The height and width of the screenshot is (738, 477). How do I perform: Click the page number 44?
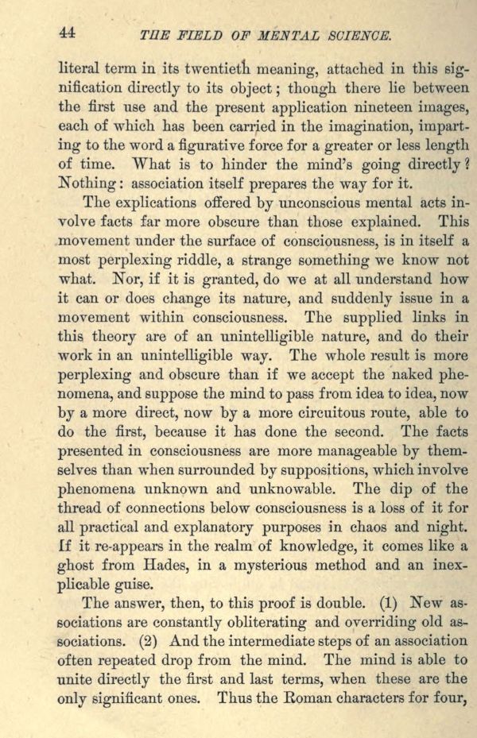[x=68, y=33]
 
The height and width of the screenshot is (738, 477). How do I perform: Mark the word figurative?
[x=191, y=146]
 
